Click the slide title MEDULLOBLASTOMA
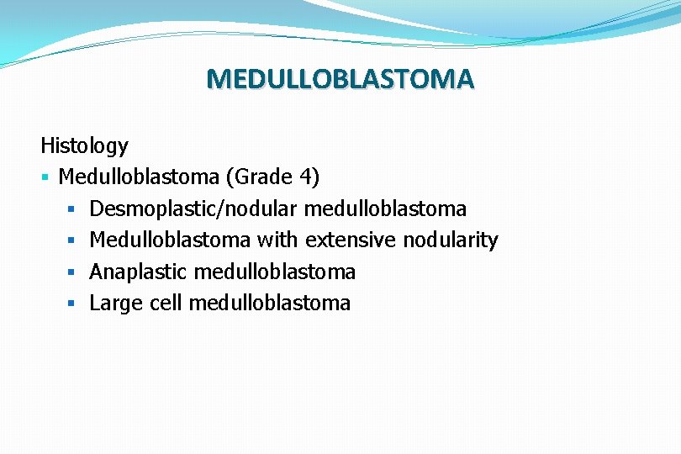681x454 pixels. (340, 79)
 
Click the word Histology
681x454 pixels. (84, 146)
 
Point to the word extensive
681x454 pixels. (351, 240)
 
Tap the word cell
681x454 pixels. (165, 304)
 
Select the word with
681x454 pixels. (277, 240)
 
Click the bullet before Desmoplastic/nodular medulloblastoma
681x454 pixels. (73, 209)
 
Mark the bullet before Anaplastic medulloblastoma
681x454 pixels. (73, 272)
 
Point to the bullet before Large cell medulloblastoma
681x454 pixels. (73, 304)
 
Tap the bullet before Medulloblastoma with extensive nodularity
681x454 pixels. (73, 240)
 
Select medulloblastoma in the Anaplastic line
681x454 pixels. (274, 272)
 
